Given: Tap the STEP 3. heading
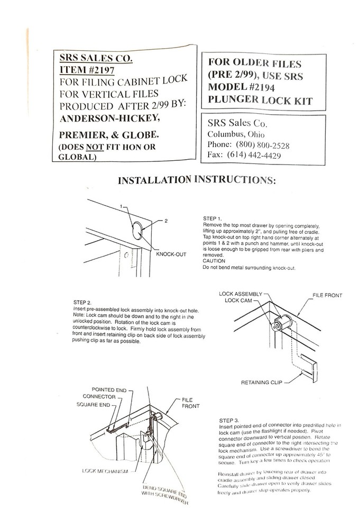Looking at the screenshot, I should (x=229, y=421).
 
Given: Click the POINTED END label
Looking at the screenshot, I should (x=109, y=389).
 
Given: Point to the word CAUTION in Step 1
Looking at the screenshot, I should (x=214, y=261).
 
